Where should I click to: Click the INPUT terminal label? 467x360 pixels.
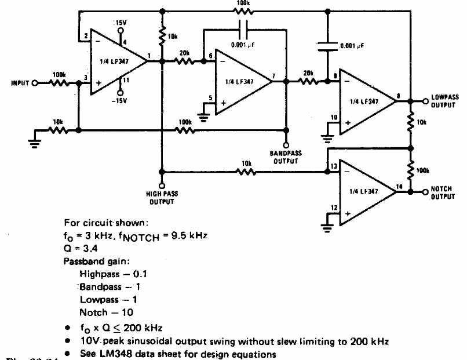point(20,83)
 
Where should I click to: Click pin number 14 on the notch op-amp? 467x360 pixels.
point(398,186)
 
